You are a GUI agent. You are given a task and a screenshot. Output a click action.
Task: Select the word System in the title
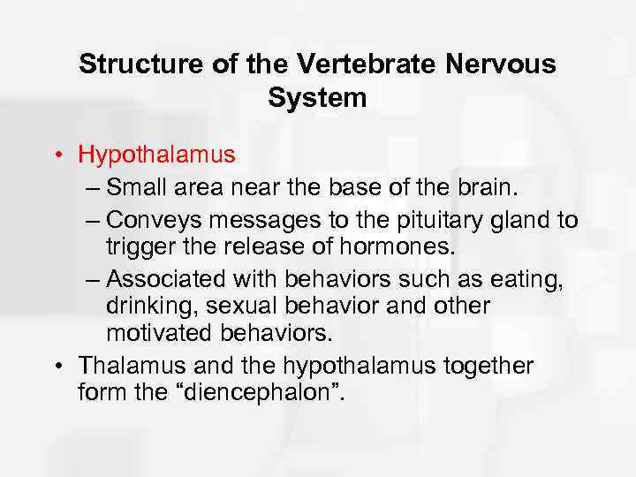point(317,97)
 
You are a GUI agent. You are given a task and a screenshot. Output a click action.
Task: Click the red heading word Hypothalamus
point(156,155)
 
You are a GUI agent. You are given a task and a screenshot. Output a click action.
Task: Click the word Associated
point(169,278)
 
